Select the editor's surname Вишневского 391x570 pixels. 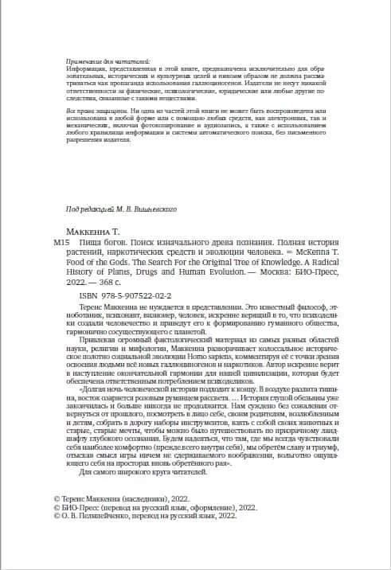[x=152, y=208]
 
